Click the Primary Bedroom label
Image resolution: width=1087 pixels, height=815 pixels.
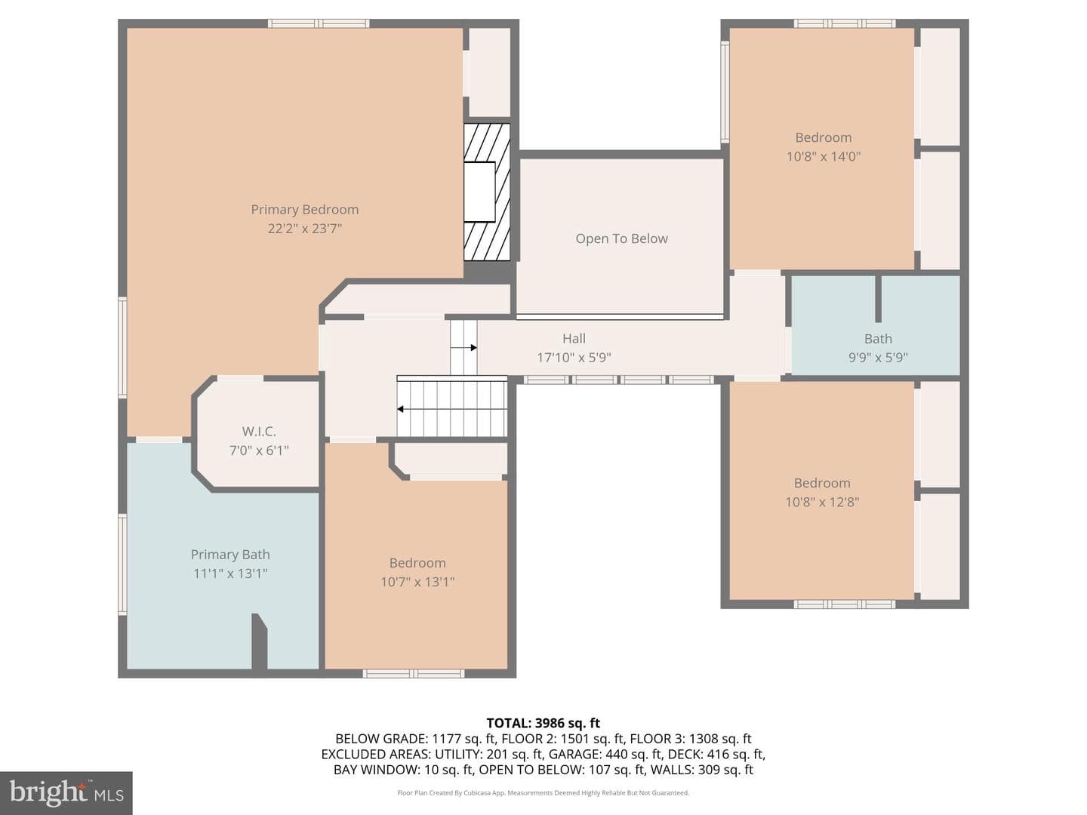click(304, 210)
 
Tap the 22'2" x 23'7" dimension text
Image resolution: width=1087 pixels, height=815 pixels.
click(304, 229)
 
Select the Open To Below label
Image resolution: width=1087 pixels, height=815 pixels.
click(621, 238)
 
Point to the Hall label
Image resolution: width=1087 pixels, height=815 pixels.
click(574, 339)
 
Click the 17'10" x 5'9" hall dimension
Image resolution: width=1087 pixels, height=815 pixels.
click(574, 357)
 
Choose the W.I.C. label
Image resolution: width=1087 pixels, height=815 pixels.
click(259, 432)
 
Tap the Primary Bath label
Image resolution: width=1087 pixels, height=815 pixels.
click(230, 555)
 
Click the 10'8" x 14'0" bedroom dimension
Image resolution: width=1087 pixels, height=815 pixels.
click(824, 156)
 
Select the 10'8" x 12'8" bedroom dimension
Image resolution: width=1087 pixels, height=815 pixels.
click(822, 502)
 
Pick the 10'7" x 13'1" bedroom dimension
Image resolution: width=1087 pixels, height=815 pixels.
click(417, 581)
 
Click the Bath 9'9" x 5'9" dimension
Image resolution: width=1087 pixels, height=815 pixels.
click(878, 357)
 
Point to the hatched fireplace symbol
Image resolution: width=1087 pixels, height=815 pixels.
click(487, 192)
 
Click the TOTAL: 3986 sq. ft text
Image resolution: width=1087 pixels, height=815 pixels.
click(543, 723)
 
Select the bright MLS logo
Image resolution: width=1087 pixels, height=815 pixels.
click(66, 793)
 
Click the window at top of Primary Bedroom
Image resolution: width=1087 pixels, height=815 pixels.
click(319, 23)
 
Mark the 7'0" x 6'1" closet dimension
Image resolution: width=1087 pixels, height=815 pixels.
click(259, 451)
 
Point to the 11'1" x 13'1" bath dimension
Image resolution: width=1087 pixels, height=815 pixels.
click(230, 574)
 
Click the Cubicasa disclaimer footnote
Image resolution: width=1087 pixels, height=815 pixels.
click(543, 792)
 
